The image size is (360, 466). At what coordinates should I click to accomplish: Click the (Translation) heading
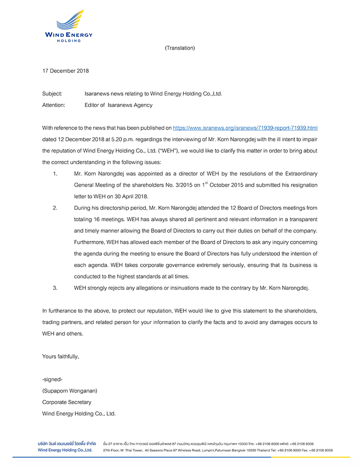pyautogui.click(x=180, y=48)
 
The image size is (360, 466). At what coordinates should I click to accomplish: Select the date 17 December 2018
pyautogui.click(x=65, y=71)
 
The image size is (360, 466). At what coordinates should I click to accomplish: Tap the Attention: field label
pyautogui.click(x=54, y=105)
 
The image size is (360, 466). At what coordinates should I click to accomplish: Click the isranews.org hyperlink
pyautogui.click(x=245, y=128)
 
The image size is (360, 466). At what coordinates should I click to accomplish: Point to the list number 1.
pyautogui.click(x=55, y=173)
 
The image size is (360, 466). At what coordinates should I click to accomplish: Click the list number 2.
pyautogui.click(x=55, y=208)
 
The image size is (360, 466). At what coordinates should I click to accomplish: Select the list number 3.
pyautogui.click(x=55, y=288)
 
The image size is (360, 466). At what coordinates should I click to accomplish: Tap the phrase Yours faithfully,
pyautogui.click(x=60, y=357)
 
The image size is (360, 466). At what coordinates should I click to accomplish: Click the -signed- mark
pyautogui.click(x=52, y=380)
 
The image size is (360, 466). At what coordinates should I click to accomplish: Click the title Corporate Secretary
pyautogui.click(x=67, y=402)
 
